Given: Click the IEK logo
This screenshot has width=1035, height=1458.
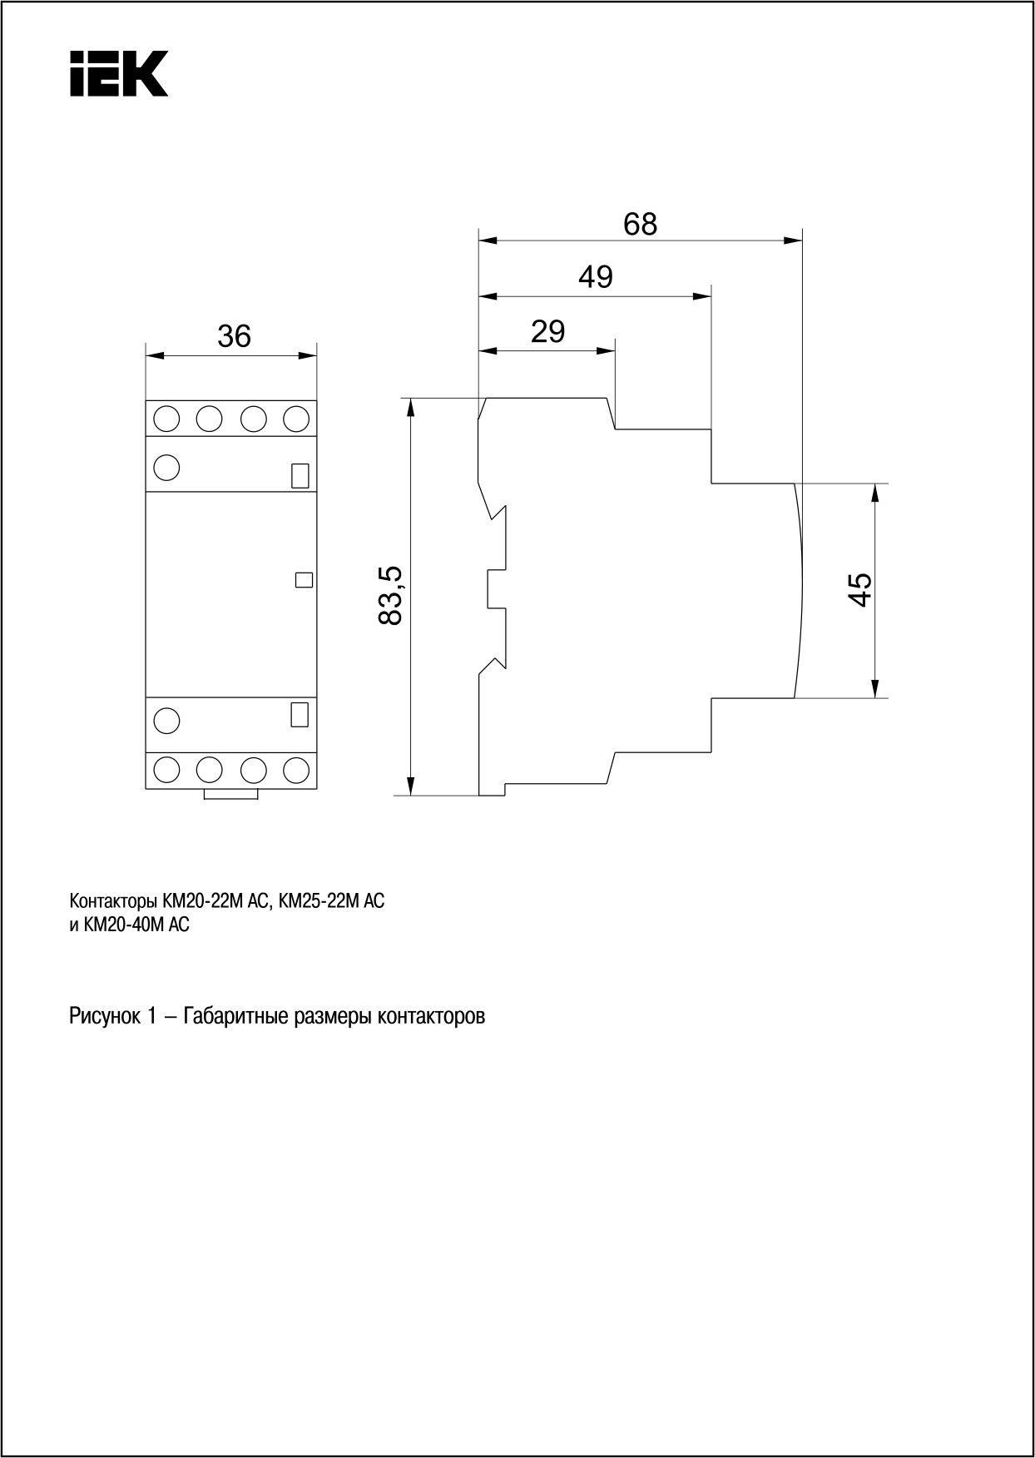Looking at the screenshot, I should point(118,73).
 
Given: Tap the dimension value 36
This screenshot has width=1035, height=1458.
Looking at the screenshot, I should point(234,336).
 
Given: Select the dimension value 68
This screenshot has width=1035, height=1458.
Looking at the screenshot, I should point(641,224).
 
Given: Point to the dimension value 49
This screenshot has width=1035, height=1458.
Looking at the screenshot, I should point(596,276).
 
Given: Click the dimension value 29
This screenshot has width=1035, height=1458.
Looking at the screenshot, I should point(547,331).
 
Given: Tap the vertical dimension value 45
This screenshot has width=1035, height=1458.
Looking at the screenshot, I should point(860,589).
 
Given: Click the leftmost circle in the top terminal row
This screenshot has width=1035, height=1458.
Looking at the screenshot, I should point(167,419).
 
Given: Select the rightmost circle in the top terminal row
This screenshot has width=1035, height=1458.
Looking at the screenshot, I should point(296,419).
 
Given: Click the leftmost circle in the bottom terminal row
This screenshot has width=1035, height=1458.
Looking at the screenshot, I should point(167,770).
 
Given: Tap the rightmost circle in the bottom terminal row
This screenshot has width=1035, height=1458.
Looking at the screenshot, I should point(296,770).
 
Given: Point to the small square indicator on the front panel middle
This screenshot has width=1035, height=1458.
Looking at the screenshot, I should point(304,580).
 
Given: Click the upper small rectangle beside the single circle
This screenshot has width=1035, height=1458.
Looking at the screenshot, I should point(300,475).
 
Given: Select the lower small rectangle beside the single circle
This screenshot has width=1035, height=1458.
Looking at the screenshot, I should point(300,715).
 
